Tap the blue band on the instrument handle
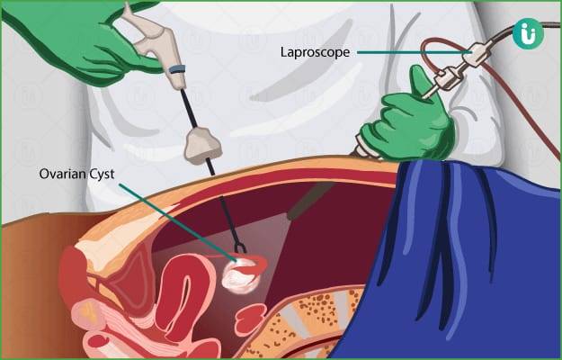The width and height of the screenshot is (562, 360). pos(178,68)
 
